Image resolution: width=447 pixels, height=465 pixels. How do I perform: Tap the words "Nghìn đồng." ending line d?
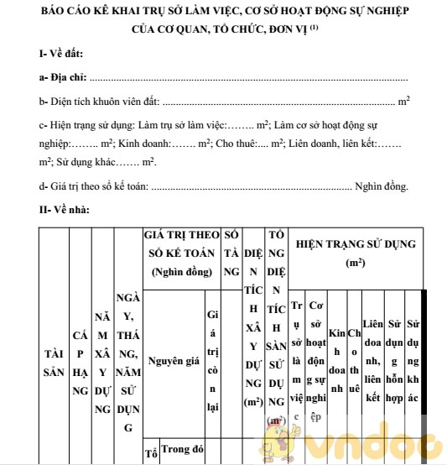click(x=382, y=186)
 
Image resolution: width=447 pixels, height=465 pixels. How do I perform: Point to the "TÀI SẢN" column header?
click(x=54, y=363)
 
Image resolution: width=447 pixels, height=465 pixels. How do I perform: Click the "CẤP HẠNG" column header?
click(x=81, y=363)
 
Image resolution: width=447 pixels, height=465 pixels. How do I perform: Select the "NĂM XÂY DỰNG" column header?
click(x=102, y=363)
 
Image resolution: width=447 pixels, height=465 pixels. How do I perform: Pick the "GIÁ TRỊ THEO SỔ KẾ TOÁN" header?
click(x=182, y=253)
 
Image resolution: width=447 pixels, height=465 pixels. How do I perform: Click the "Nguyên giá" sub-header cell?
click(x=174, y=361)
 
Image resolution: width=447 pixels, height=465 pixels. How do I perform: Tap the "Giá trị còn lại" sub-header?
click(x=212, y=361)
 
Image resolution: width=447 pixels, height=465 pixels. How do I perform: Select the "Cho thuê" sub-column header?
click(x=354, y=361)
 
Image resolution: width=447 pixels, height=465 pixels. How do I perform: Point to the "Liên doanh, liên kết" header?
click(x=373, y=361)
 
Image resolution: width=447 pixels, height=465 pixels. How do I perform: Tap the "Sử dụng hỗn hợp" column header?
click(x=395, y=361)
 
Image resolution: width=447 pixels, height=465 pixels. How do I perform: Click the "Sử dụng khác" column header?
click(x=413, y=361)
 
